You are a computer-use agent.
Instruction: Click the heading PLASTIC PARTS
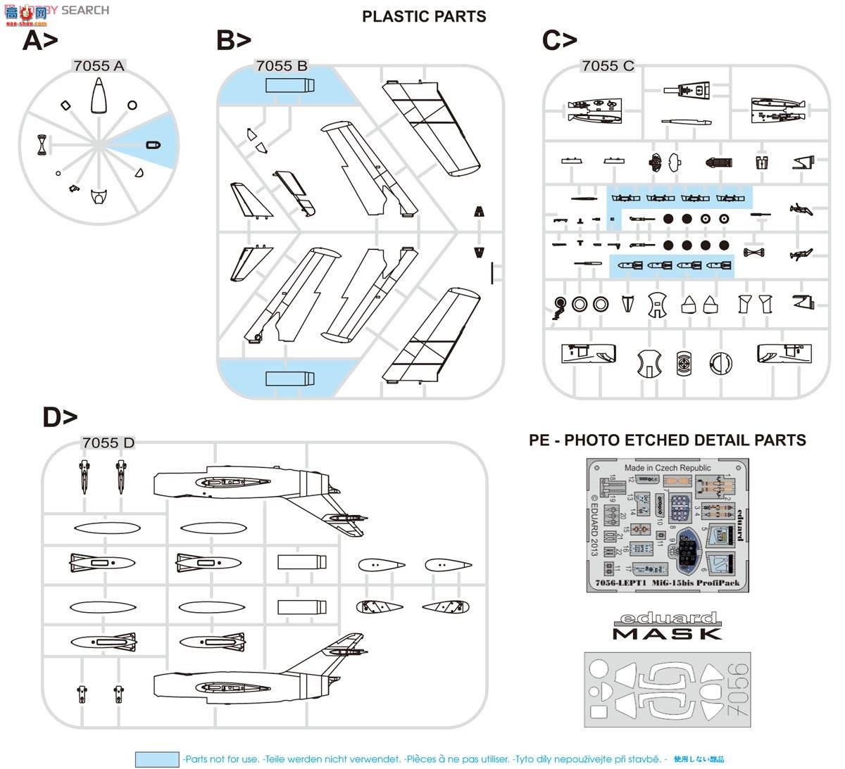tap(424, 16)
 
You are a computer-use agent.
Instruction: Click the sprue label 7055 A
tap(99, 65)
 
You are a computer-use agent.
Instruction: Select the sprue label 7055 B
tap(282, 65)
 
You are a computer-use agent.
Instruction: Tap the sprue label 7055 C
tap(608, 65)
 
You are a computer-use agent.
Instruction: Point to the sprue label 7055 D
tap(108, 443)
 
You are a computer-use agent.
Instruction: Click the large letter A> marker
tap(40, 41)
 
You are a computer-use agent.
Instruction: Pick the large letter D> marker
tap(60, 417)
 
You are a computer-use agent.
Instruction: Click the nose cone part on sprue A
tap(99, 96)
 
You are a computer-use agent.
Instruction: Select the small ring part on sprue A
tap(132, 106)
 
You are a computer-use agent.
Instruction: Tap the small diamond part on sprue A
tap(65, 106)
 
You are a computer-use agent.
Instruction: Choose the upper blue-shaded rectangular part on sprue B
tap(289, 86)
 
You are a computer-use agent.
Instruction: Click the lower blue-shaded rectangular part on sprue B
tap(289, 378)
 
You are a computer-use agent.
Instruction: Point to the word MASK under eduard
tap(668, 634)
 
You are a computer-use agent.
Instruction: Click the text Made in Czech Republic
tap(668, 468)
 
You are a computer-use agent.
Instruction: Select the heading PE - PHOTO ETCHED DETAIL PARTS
tap(668, 440)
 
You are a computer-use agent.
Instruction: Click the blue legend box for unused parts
tap(157, 759)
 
